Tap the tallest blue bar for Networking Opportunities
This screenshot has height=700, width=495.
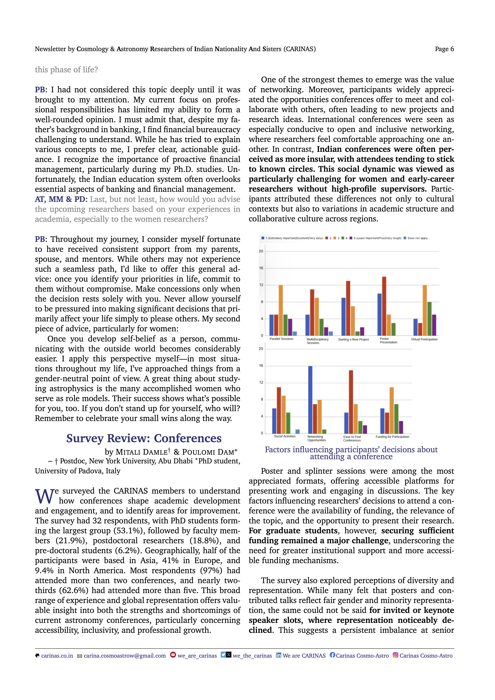310,399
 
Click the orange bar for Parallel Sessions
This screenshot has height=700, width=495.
281,310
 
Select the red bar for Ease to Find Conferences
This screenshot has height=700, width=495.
351,402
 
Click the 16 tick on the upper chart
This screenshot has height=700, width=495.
261,268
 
